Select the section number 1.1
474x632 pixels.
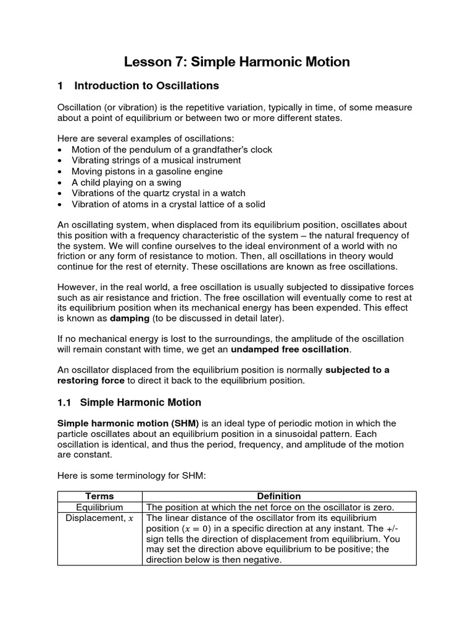tap(65, 402)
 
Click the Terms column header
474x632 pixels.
tap(99, 496)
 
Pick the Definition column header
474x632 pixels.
tap(279, 496)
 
